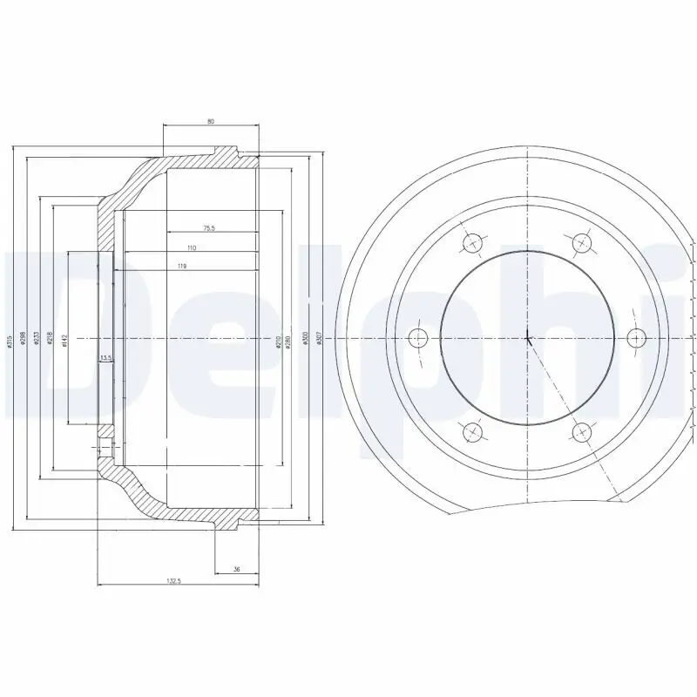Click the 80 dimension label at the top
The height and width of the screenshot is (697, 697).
pos(211,121)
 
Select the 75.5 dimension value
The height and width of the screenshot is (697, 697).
pos(208,228)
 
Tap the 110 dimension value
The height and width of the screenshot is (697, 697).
pos(192,248)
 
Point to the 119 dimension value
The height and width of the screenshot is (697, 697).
pos(182,266)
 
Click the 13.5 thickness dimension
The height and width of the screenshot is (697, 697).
pos(105,357)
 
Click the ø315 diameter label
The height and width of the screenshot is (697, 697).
pos(10,342)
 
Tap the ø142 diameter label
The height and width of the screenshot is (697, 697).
pos(64,341)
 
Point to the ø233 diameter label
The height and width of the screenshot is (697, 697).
pos(36,341)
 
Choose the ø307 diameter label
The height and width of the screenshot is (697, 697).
pos(321,341)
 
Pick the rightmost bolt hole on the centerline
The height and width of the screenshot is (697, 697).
pos(635,337)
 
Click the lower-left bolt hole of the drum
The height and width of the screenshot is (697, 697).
pos(473,430)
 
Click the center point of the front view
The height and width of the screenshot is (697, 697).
pos(527,337)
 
